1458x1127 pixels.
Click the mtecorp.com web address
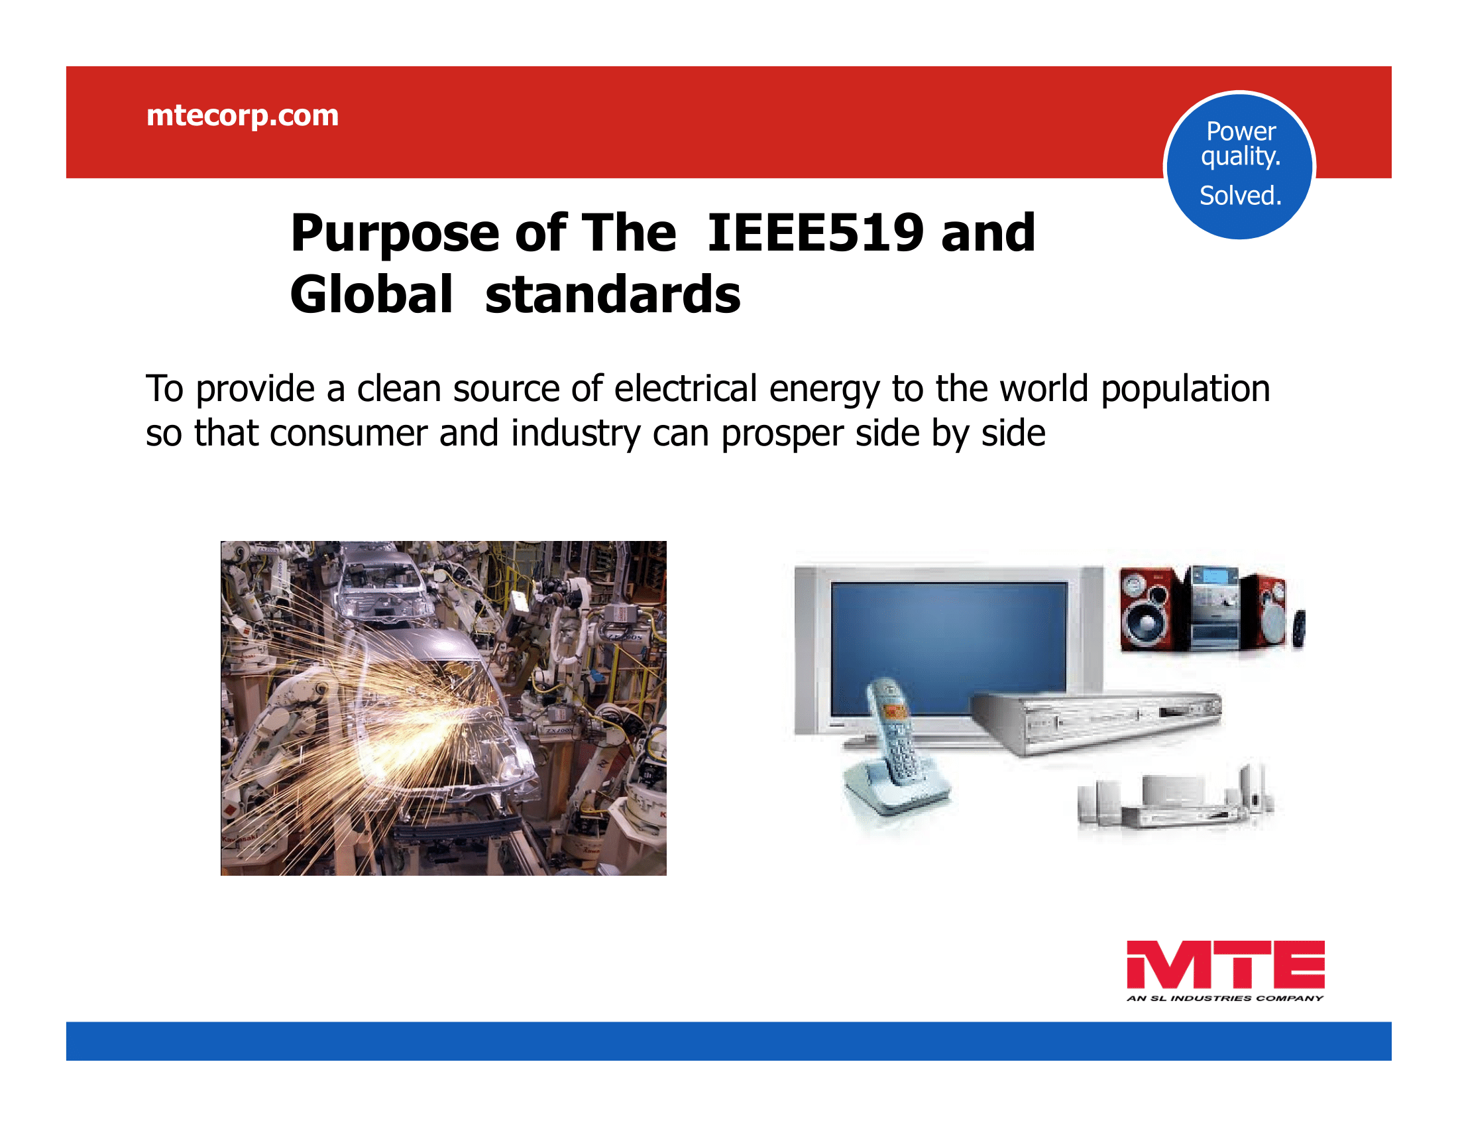coord(243,116)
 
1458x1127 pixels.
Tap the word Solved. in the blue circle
coord(1241,196)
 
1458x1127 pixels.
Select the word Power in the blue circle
coord(1241,131)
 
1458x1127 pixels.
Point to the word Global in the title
coord(372,294)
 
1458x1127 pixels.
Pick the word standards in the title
coord(613,294)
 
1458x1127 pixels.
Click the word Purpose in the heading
coord(395,233)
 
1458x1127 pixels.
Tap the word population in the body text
coord(1185,390)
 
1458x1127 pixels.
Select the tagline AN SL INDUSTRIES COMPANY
coord(1225,998)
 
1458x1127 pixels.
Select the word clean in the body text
coord(398,388)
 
